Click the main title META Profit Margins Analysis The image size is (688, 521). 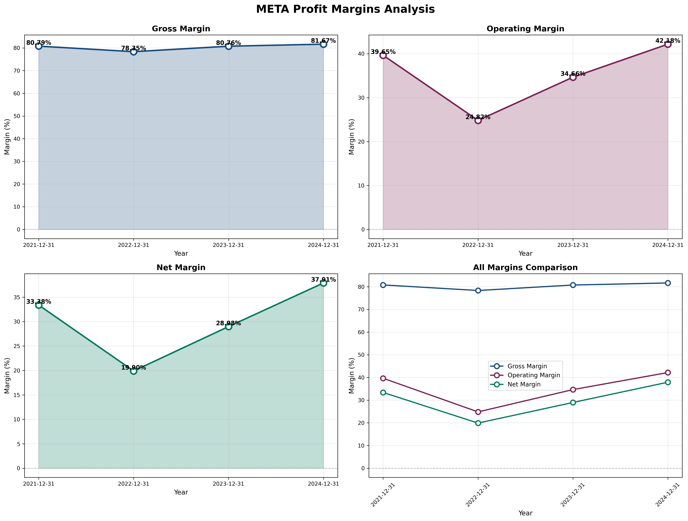(x=345, y=9)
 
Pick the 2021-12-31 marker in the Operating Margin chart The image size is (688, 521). (x=383, y=55)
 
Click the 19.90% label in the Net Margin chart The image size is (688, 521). (x=133, y=368)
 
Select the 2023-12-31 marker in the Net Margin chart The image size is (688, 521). (x=229, y=327)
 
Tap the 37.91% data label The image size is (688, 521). (x=324, y=280)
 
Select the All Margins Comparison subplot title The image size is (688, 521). (x=525, y=267)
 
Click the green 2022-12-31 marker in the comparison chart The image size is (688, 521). (x=478, y=423)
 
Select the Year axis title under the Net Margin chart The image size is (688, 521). (x=181, y=492)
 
